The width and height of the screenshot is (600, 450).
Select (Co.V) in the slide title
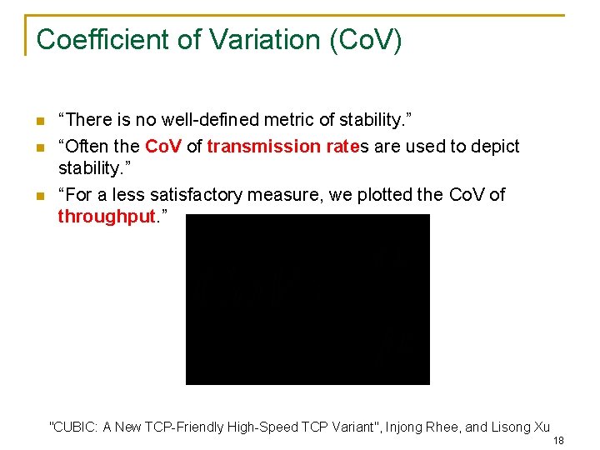(x=366, y=39)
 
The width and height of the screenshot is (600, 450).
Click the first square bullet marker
(x=38, y=122)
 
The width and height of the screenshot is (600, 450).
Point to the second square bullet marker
(x=38, y=147)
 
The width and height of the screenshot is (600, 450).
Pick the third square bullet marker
(x=38, y=196)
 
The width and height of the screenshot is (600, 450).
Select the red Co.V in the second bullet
(x=163, y=147)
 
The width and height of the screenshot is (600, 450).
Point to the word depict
(x=496, y=147)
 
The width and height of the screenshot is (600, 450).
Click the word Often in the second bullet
(x=83, y=147)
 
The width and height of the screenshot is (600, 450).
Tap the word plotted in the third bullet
(x=384, y=195)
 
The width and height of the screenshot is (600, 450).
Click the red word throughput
(x=107, y=217)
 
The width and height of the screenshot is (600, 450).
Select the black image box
(x=307, y=299)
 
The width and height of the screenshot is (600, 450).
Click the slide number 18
(x=558, y=441)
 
